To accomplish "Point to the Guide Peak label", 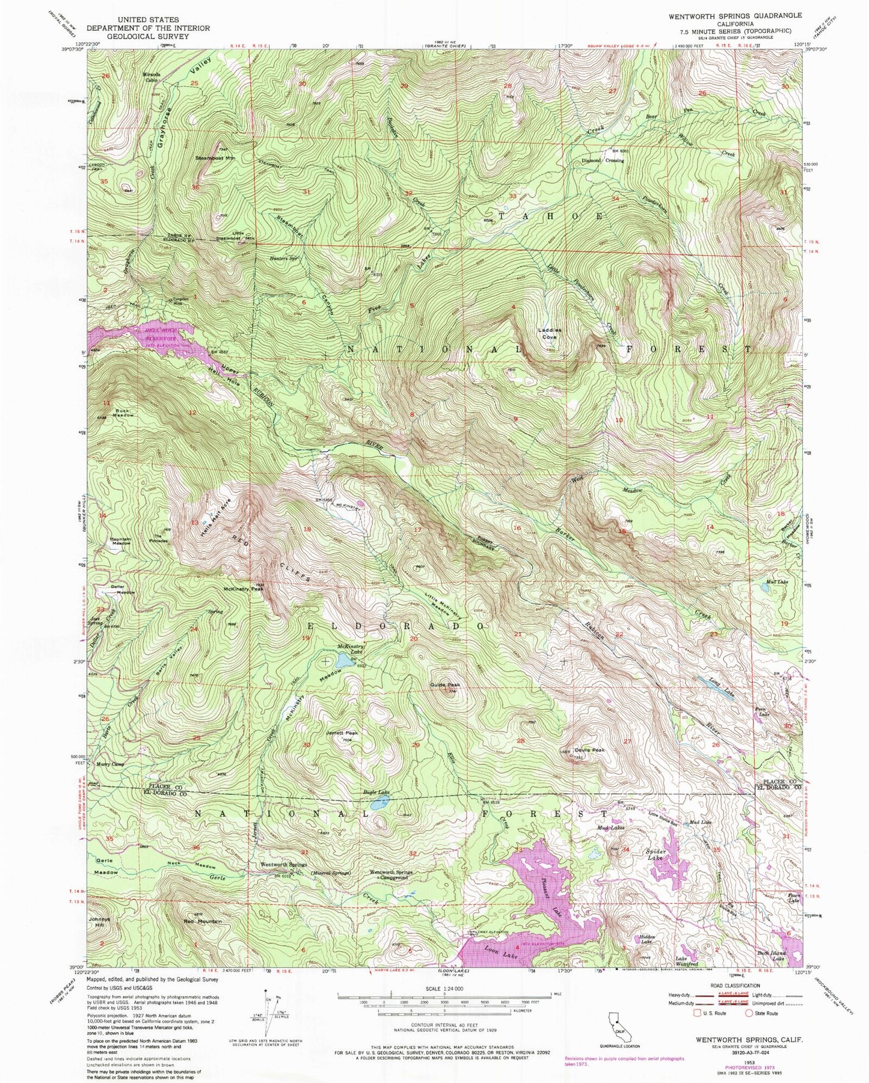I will click(445, 685).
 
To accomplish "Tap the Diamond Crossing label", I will click(602, 161).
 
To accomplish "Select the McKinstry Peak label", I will click(243, 589).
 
